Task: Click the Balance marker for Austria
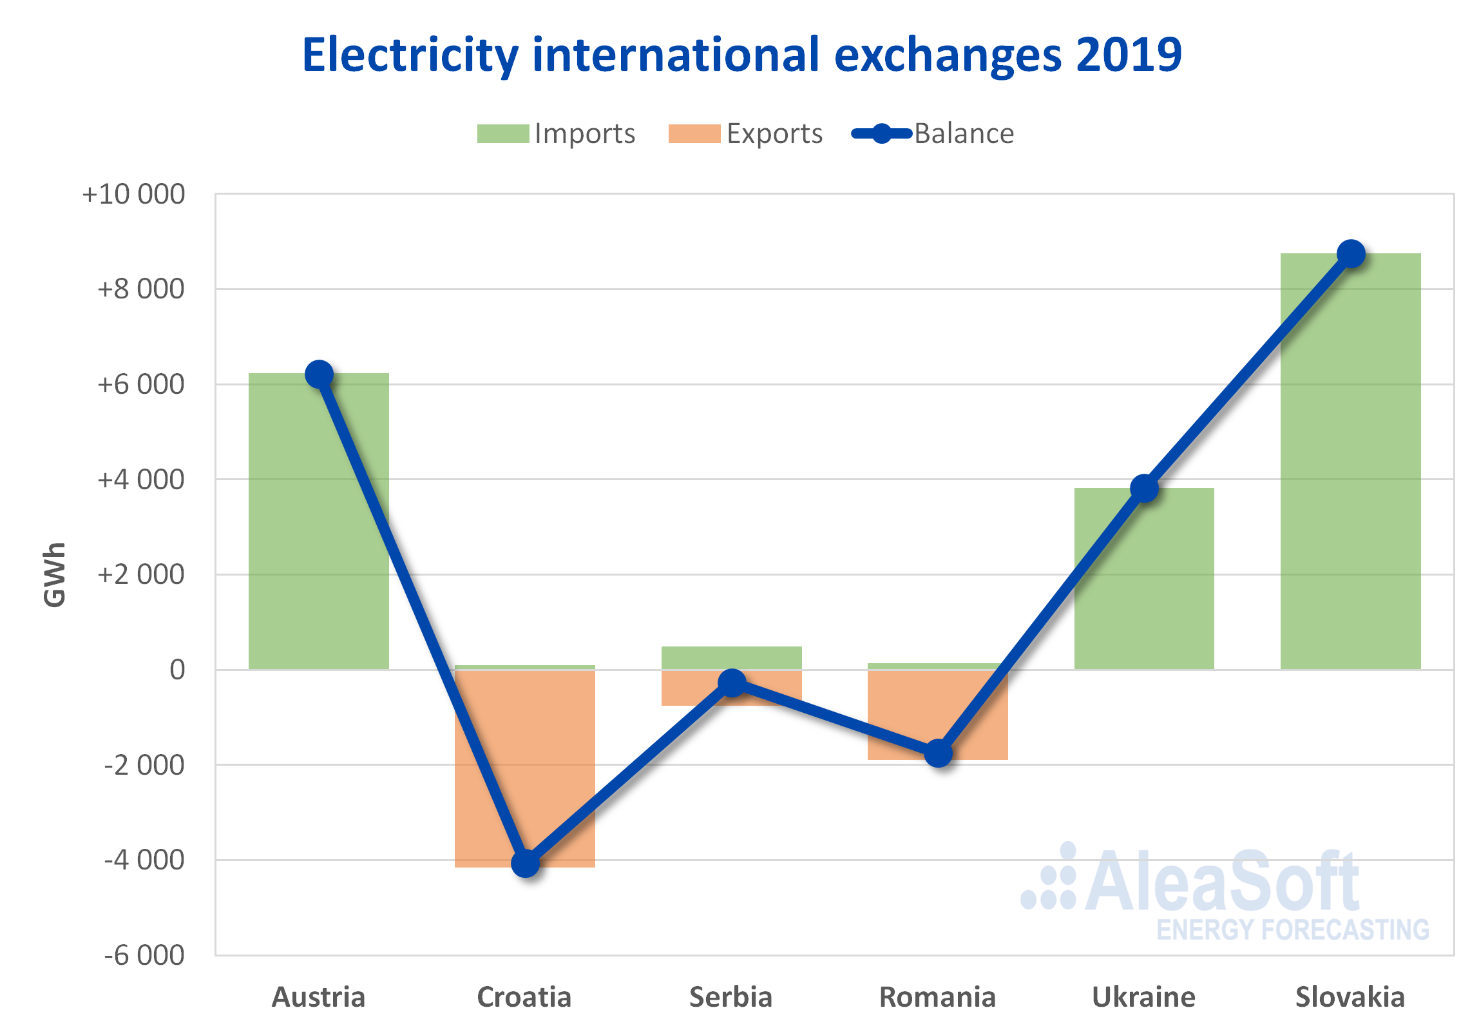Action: (x=319, y=374)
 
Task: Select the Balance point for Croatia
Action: (x=526, y=863)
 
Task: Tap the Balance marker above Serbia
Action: (x=732, y=683)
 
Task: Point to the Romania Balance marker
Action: (x=939, y=753)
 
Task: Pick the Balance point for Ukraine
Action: (x=1145, y=489)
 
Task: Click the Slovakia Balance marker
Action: (x=1351, y=253)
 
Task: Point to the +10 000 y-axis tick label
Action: (x=134, y=194)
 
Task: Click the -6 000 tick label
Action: (x=144, y=955)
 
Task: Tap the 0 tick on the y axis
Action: (x=177, y=670)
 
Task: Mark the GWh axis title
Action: (x=55, y=575)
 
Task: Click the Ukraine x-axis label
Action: (x=1144, y=997)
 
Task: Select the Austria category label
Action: (x=319, y=997)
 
